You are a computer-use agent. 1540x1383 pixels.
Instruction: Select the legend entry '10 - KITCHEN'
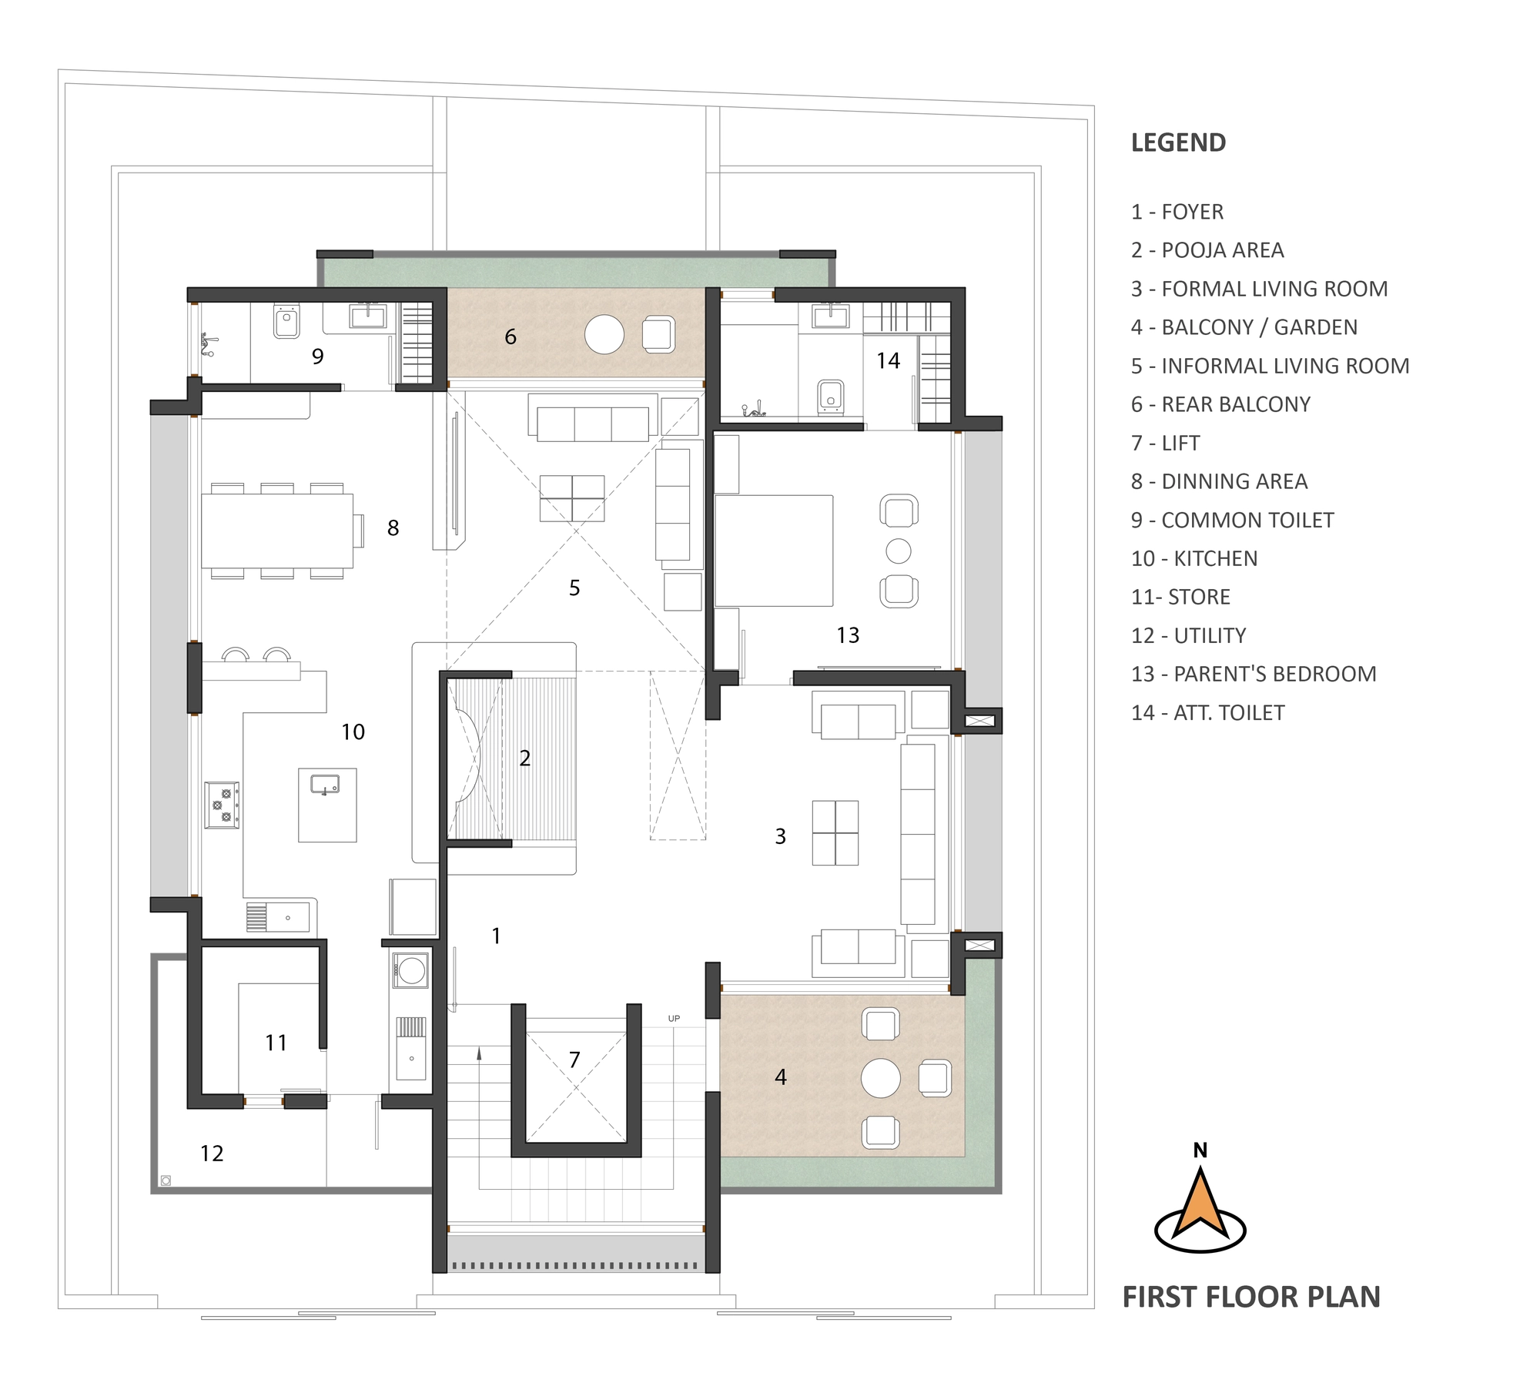pos(1193,558)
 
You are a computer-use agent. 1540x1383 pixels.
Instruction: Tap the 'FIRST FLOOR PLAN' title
pos(1251,1297)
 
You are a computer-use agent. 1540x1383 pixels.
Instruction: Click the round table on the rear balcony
pos(604,335)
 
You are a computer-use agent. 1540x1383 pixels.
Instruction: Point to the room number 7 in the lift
pos(574,1060)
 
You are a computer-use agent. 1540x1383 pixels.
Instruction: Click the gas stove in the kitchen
pos(222,805)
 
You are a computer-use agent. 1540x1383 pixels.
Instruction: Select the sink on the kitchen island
pos(325,784)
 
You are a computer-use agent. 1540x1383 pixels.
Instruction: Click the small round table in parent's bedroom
pos(899,551)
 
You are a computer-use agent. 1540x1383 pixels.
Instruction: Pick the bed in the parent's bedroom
pos(774,551)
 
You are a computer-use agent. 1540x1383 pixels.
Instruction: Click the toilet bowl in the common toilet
pos(286,320)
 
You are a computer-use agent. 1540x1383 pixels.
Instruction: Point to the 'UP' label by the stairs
pos(674,1018)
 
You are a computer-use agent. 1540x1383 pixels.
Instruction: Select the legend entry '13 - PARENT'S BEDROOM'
pos(1254,674)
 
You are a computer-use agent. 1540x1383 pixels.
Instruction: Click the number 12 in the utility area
pos(212,1153)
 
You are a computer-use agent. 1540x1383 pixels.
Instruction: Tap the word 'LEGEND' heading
pos(1178,142)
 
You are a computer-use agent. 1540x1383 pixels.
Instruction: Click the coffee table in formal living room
pos(835,832)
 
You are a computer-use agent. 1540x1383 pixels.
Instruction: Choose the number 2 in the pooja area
pos(525,758)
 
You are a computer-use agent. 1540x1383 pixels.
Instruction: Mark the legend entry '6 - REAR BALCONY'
pos(1220,404)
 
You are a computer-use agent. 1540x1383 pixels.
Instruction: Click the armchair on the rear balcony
pos(658,335)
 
